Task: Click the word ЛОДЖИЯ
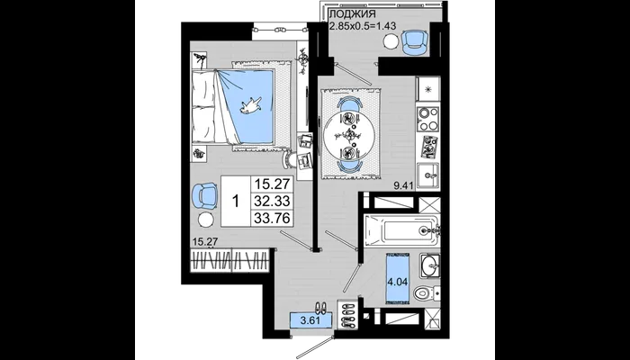pos(353,14)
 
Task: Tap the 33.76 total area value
pos(273,218)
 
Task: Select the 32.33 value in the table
pos(273,201)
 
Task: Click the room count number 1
pos(236,202)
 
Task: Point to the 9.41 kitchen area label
pos(403,185)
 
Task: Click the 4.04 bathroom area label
pos(398,282)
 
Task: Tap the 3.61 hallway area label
pos(311,320)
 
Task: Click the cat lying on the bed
pos(251,105)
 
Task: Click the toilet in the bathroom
pos(427,292)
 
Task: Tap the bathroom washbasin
pos(430,265)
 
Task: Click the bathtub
pos(401,230)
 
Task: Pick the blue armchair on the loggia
pos(413,42)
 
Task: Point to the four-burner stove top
pos(427,120)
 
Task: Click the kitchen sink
pos(428,175)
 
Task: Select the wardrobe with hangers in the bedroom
pos(229,261)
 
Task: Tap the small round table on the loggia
pos(390,41)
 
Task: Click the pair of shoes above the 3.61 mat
pos(320,308)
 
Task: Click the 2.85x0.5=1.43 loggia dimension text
pos(363,26)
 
